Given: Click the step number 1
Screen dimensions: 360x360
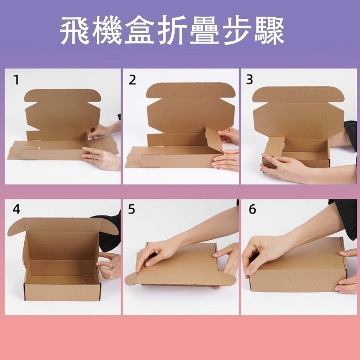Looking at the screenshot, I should click(16, 81).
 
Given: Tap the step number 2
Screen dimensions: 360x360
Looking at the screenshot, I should click(132, 81).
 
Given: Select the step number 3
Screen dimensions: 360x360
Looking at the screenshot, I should click(250, 81).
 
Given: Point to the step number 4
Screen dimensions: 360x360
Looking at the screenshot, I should click(16, 209).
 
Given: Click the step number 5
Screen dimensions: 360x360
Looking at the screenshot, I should click(132, 209).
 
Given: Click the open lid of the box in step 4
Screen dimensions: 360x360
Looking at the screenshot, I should click(63, 227).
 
